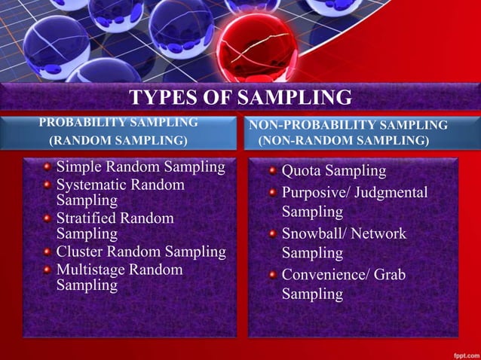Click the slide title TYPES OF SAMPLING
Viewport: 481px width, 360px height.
click(x=240, y=98)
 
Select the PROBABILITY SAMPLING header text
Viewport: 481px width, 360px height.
click(x=118, y=122)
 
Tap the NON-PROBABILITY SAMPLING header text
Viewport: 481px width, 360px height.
click(x=348, y=124)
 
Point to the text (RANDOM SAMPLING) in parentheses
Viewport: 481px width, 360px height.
click(x=118, y=140)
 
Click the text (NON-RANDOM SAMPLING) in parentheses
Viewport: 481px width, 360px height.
click(x=344, y=141)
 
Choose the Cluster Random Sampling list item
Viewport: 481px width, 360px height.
click(x=141, y=252)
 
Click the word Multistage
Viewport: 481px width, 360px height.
click(x=91, y=269)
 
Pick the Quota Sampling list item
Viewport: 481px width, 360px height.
click(x=333, y=171)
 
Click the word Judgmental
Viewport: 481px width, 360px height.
click(x=391, y=192)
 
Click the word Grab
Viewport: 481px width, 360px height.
click(x=389, y=275)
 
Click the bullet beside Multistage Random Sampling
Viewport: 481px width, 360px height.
click(x=48, y=270)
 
